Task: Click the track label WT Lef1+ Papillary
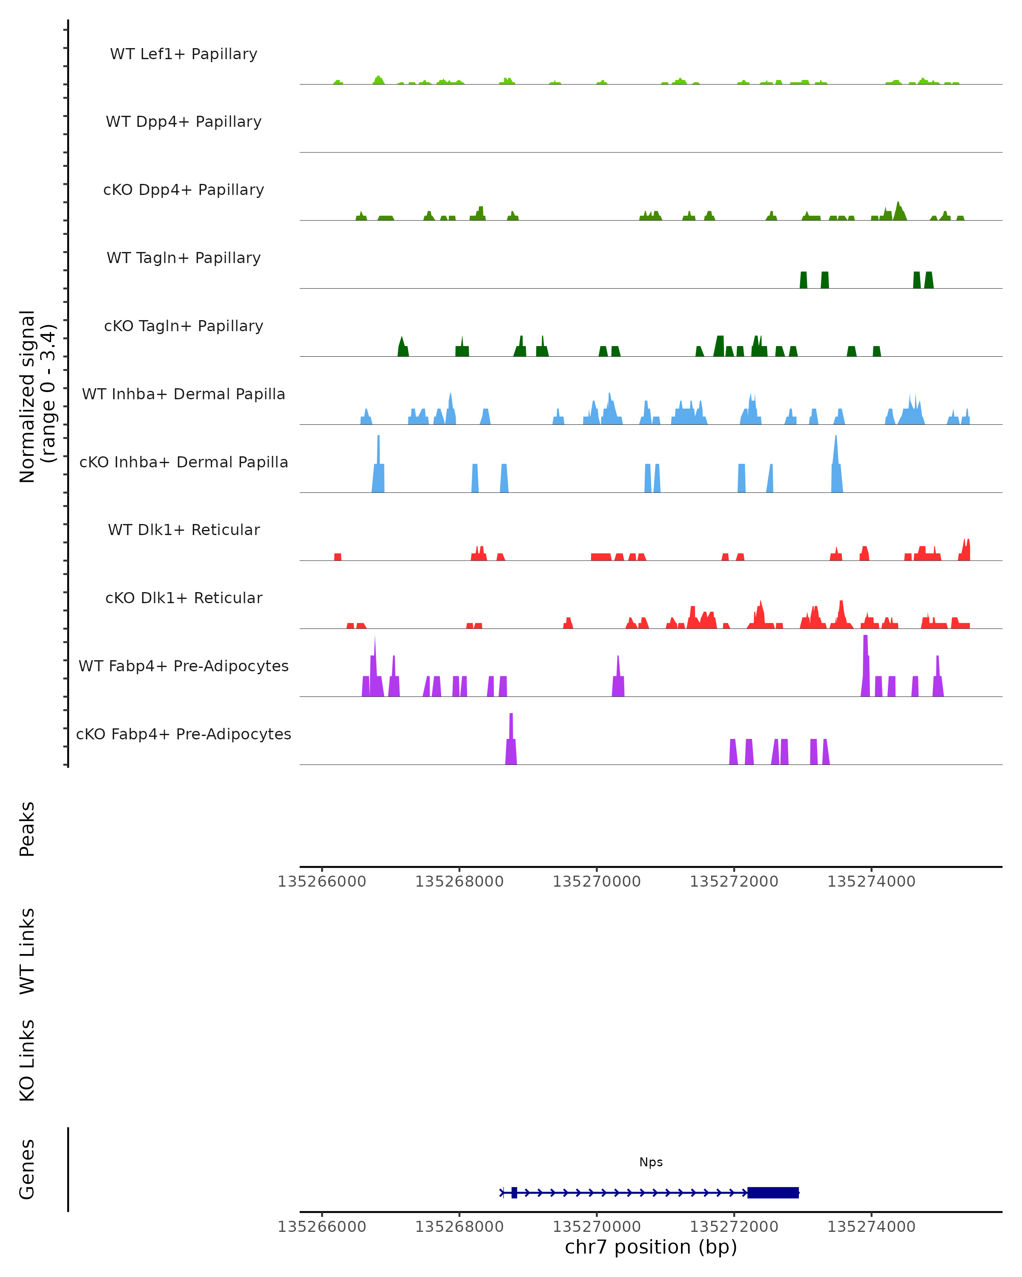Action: coord(184,54)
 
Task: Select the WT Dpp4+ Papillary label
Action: coord(184,122)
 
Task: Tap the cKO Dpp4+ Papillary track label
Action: coord(184,190)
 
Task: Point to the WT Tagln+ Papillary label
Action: coord(184,258)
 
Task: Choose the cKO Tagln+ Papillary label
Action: coord(184,326)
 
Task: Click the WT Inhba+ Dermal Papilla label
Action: coord(184,395)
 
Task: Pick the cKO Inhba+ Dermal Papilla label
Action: coord(184,463)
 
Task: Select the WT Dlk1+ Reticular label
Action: coord(184,530)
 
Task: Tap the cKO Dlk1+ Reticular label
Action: coord(184,598)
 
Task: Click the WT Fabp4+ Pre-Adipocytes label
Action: coord(184,666)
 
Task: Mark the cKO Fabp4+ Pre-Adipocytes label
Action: coord(184,734)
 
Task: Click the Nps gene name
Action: coord(651,1162)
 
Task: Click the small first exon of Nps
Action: coord(514,1192)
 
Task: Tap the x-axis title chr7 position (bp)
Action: coord(651,1247)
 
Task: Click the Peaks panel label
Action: coord(27,829)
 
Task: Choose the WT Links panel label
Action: coord(27,951)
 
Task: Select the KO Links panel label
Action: coord(27,1060)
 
